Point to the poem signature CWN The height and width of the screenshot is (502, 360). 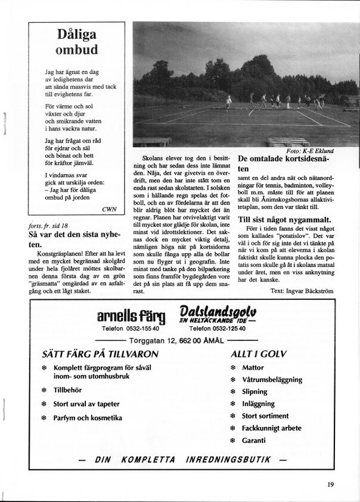[x=109, y=209]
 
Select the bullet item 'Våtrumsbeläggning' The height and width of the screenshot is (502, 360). [x=272, y=380]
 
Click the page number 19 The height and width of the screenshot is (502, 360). [x=330, y=484]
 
